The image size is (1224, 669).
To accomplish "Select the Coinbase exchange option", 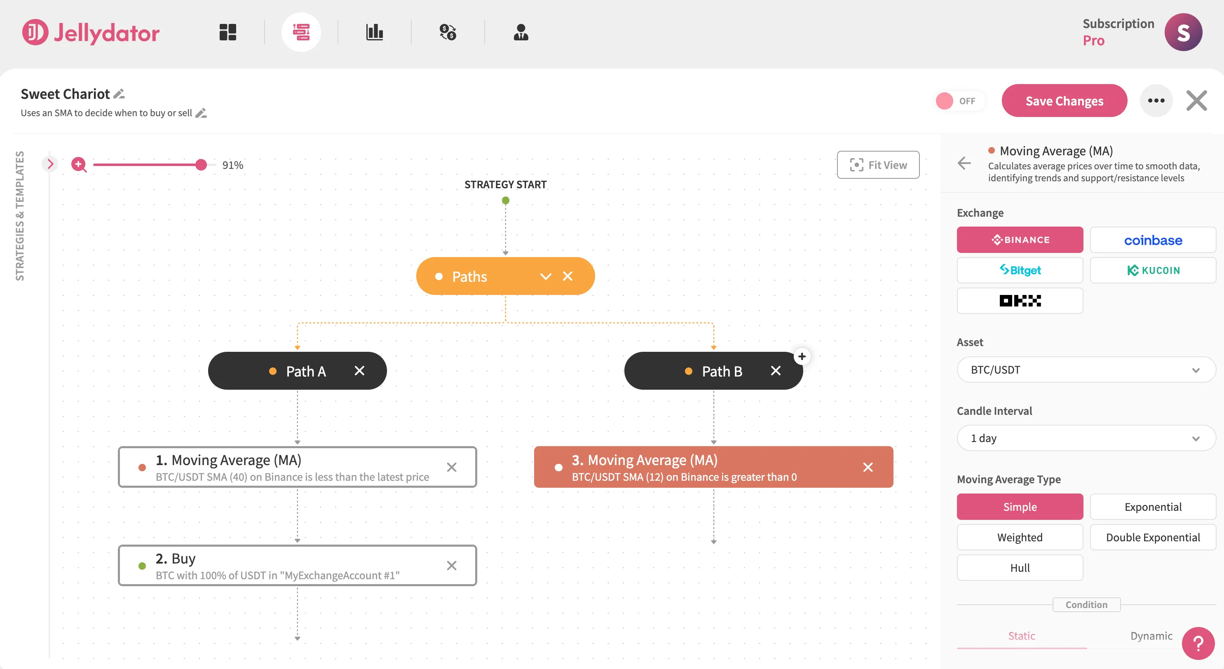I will (1152, 240).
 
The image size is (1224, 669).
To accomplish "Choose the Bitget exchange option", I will (1019, 270).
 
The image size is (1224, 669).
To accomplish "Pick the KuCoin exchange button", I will (1152, 270).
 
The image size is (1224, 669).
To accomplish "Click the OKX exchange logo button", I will (1019, 301).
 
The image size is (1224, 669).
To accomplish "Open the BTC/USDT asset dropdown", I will (1085, 370).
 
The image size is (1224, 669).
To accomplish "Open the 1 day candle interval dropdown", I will (1085, 438).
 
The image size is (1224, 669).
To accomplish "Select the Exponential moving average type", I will (1152, 507).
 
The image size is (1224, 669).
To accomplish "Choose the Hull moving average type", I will (1019, 567).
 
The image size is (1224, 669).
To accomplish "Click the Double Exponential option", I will (1152, 537).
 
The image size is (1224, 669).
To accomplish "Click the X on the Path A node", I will (359, 371).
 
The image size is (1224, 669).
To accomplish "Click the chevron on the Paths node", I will (546, 276).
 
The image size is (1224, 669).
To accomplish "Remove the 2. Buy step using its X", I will (451, 566).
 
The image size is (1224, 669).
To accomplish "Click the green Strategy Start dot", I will (505, 200).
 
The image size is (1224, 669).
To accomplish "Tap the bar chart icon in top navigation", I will (375, 32).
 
